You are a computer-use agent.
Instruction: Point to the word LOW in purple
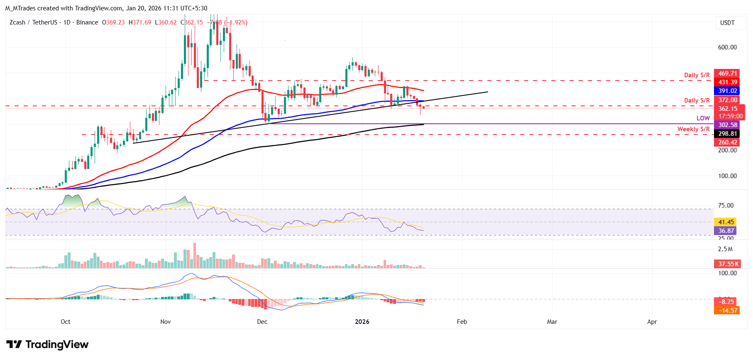[x=703, y=118]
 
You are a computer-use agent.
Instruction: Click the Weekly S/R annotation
[x=693, y=129]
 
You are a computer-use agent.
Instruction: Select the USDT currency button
[x=727, y=23]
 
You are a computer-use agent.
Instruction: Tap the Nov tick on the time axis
[x=165, y=322]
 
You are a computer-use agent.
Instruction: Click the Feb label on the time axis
[x=462, y=322]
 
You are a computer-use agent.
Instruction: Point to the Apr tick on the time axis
[x=652, y=322]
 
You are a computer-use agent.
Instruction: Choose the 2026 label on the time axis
[x=362, y=322]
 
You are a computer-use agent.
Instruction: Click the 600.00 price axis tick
[x=727, y=47]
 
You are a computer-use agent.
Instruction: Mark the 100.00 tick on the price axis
[x=727, y=176]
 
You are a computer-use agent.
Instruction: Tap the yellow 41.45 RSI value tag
[x=726, y=222]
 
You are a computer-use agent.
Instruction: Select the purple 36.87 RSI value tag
[x=726, y=231]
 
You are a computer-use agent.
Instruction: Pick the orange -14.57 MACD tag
[x=727, y=311]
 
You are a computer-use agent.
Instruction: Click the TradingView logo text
[x=57, y=345]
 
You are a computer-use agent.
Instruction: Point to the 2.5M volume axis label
[x=725, y=249]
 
